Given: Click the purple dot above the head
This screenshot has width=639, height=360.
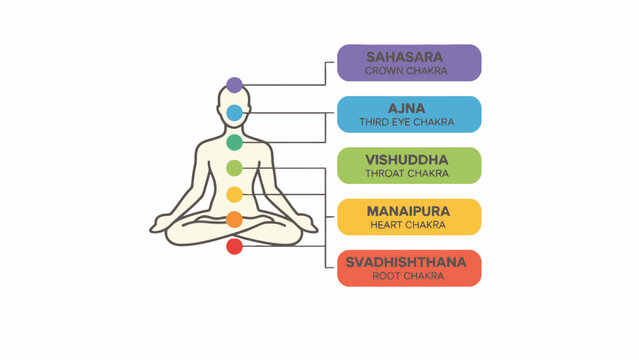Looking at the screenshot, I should (234, 85).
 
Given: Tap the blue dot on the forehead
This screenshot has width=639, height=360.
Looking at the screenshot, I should (234, 113).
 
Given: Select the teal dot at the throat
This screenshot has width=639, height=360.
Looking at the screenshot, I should (234, 143).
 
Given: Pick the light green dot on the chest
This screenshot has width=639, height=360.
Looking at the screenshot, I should (234, 168).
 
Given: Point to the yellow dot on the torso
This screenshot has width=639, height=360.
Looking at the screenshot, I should (234, 194).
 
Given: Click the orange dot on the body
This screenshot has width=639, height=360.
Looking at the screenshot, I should (234, 219).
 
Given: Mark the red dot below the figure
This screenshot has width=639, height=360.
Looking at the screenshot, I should (234, 245).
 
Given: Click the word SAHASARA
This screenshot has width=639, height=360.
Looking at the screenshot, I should (409, 56).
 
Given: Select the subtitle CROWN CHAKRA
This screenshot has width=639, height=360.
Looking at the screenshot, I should (409, 71).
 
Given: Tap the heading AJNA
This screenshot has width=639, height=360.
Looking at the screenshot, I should (409, 108).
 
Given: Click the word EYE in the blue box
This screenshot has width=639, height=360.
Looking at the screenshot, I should (409, 123).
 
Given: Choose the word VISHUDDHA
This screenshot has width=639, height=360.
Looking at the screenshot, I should (409, 159).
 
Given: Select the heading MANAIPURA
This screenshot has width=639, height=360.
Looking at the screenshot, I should (409, 211).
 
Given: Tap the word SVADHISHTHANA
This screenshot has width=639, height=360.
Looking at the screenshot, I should (409, 262).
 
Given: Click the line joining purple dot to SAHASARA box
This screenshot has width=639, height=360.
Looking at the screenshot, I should (290, 85).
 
